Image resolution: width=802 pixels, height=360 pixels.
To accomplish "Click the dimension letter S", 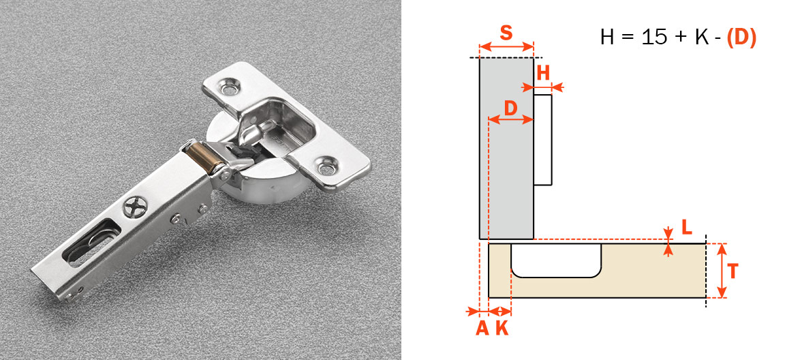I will point(506,32).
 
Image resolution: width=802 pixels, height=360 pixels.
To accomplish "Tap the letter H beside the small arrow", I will point(543,74).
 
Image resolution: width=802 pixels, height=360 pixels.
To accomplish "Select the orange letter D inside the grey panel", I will point(511,107).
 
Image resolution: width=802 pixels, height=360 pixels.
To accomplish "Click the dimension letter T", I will point(732,271).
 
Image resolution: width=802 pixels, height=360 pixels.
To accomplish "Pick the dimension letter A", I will point(482,328).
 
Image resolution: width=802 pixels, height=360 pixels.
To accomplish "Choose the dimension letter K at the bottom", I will point(502,328).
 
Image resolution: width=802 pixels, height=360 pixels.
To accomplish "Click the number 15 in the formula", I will point(654,37).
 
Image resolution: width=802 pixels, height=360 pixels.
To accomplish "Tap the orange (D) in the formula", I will point(741,37).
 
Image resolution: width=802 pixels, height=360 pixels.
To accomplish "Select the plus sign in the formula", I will point(681,38).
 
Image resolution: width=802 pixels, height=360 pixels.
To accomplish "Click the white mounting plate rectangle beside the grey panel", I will point(542,140).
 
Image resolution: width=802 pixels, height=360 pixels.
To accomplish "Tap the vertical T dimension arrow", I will point(723,271).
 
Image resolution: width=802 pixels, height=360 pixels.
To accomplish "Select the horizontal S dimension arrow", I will point(506,47).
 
